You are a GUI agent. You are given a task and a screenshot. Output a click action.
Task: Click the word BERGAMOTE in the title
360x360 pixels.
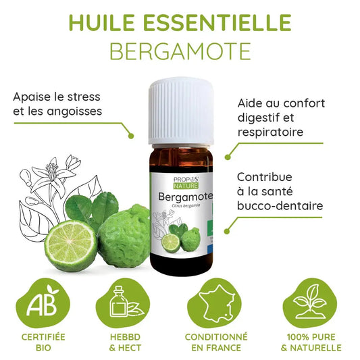[x=180, y=51]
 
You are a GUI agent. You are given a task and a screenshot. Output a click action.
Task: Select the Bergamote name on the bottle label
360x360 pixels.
[x=184, y=197]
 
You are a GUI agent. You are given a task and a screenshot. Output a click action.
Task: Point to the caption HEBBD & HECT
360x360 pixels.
[x=126, y=342]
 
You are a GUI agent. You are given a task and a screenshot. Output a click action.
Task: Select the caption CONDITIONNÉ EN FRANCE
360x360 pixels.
[x=217, y=342]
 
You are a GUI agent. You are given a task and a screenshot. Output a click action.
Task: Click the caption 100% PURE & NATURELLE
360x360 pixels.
[x=312, y=342]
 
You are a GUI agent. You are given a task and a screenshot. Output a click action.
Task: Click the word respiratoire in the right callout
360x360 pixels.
[x=271, y=132]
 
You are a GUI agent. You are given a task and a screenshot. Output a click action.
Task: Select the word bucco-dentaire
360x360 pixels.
[x=280, y=205]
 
